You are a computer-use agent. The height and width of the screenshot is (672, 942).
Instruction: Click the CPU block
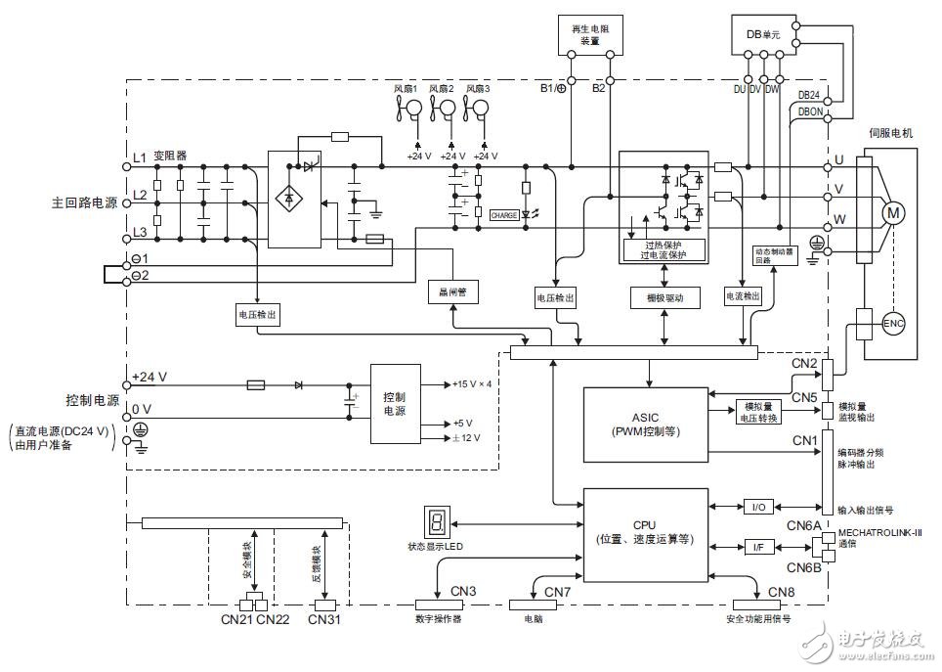645,530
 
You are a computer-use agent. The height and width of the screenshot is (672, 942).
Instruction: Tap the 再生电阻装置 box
584,37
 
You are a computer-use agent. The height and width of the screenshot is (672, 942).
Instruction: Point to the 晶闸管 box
450,291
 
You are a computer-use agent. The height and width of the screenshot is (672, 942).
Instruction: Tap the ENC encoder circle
894,323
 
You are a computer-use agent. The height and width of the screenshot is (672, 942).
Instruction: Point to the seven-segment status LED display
435,522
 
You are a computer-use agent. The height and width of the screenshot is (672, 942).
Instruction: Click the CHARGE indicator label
504,215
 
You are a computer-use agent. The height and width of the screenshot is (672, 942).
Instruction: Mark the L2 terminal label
140,196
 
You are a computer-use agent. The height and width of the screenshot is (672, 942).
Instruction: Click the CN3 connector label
463,591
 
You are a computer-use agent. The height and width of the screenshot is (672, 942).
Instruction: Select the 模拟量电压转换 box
759,412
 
